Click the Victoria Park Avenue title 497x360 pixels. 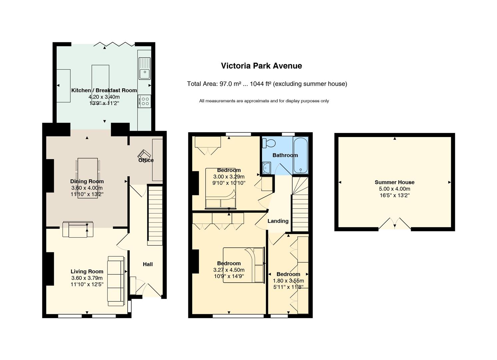coord(261,66)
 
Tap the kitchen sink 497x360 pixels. coord(145,69)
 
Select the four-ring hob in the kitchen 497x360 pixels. coord(144,101)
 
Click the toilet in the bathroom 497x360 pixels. coord(269,143)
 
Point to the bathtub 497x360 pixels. coord(300,155)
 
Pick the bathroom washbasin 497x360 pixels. coord(266,168)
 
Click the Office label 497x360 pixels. coord(146,160)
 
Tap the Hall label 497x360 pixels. coord(148,264)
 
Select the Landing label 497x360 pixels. coord(278,221)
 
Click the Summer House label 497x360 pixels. coord(394,182)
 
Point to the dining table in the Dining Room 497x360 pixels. coord(88,178)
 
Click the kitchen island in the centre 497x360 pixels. coord(100,84)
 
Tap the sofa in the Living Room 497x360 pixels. coord(116,281)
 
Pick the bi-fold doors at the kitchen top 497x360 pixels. coord(114,44)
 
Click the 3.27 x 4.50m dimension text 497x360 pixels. coord(229,270)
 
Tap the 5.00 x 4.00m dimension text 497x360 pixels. coord(394,189)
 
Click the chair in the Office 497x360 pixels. coord(144,154)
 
